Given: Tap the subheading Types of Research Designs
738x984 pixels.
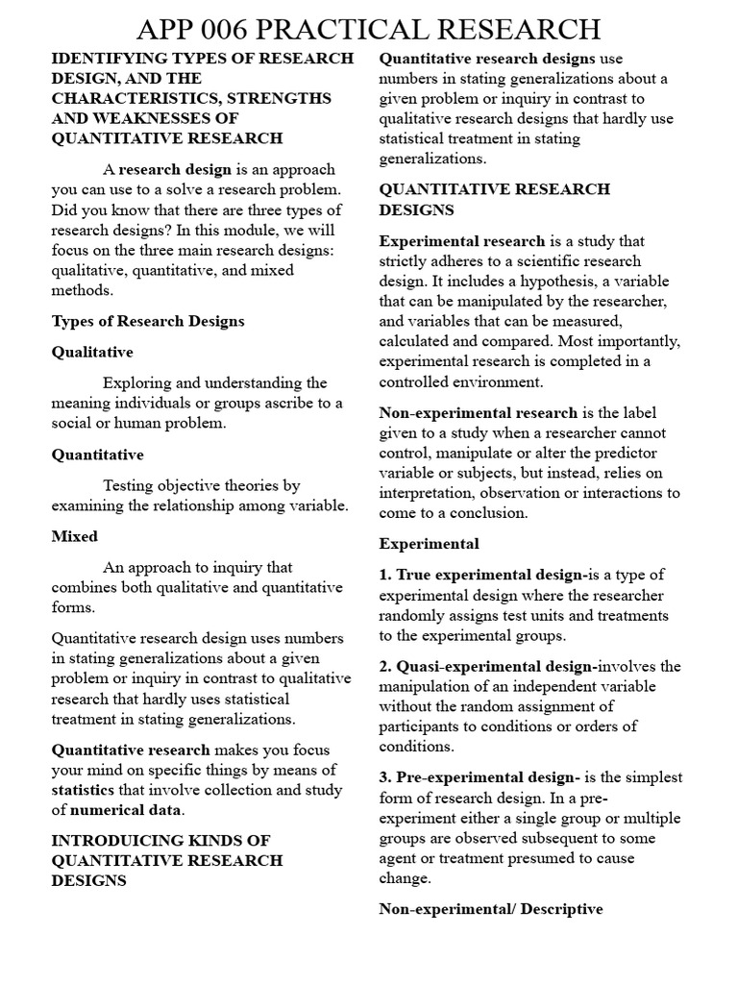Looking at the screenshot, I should point(148,321).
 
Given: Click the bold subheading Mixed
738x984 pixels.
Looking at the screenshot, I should point(75,536).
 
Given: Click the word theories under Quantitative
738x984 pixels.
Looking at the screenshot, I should point(235,485).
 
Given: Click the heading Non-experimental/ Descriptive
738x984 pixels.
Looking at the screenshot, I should point(491,908).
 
